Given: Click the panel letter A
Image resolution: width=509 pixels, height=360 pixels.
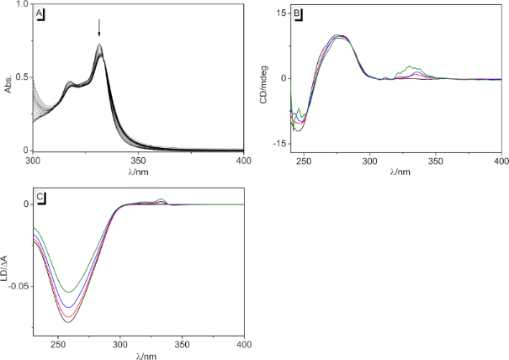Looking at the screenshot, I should tap(40, 13).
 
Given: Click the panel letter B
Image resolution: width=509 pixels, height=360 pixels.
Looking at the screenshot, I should tap(298, 14).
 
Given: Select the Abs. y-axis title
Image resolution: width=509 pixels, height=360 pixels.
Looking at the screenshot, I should tap(8, 81).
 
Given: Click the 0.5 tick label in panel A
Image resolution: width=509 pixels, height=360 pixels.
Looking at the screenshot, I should tap(22, 77).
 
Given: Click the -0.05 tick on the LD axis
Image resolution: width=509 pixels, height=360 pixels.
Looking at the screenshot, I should tap(17, 286).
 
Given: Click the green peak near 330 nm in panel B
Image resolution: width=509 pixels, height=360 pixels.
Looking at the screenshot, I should tap(410, 66).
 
